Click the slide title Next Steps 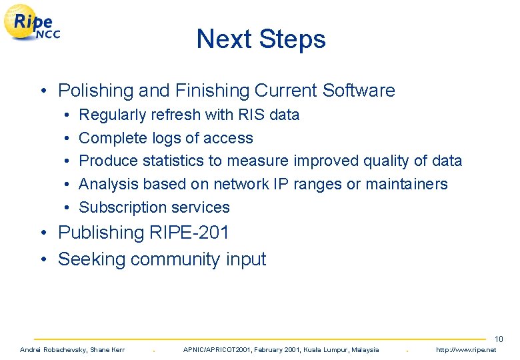tap(261, 39)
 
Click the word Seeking tap(92, 259)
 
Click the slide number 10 tap(499, 339)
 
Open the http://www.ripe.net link tap(465, 350)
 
